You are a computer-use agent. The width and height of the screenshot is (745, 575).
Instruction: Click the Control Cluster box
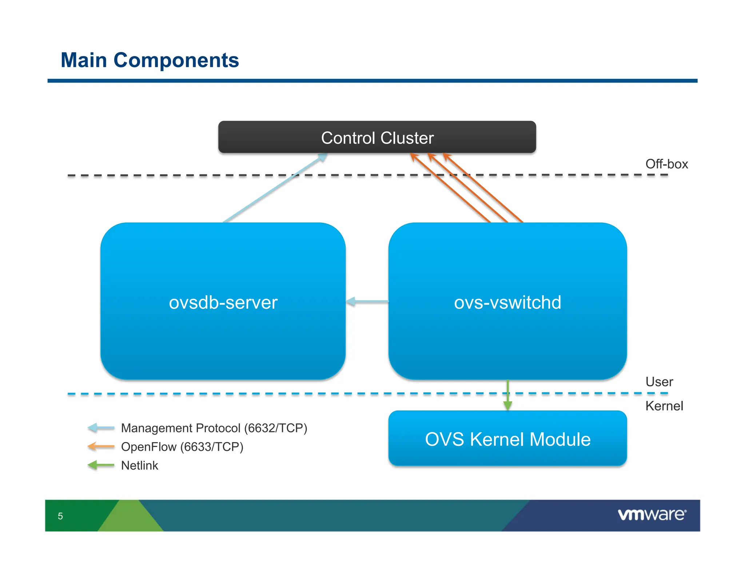point(377,137)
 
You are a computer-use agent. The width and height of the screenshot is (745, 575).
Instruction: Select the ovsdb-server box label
point(223,302)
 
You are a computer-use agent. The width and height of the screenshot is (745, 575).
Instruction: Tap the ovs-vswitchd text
point(507,302)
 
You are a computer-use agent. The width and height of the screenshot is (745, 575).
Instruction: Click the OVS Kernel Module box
point(507,439)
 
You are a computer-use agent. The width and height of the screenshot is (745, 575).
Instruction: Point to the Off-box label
point(666,164)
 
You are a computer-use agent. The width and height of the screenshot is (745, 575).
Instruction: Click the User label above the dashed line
point(659,382)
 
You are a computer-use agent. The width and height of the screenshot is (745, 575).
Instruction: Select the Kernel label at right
point(664,406)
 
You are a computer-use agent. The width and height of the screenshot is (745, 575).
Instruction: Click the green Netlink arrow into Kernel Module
point(508,396)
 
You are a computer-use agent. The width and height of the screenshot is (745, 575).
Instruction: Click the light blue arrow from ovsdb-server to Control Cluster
point(275,188)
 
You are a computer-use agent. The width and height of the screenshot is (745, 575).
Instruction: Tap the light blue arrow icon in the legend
point(101,428)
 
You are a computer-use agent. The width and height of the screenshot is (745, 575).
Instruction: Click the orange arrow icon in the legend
point(101,446)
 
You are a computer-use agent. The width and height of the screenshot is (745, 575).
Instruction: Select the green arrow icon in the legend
point(101,465)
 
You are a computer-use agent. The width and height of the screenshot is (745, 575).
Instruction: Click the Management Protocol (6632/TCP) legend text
point(214,428)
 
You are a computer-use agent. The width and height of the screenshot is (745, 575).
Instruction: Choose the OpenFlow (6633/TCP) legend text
point(182,446)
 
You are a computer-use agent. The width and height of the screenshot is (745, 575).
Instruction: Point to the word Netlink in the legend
point(139,465)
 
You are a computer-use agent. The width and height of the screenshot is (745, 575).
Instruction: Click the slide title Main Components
point(150,60)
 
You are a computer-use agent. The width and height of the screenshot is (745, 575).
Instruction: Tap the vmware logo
point(652,515)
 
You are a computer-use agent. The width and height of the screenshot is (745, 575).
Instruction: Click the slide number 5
point(60,516)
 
